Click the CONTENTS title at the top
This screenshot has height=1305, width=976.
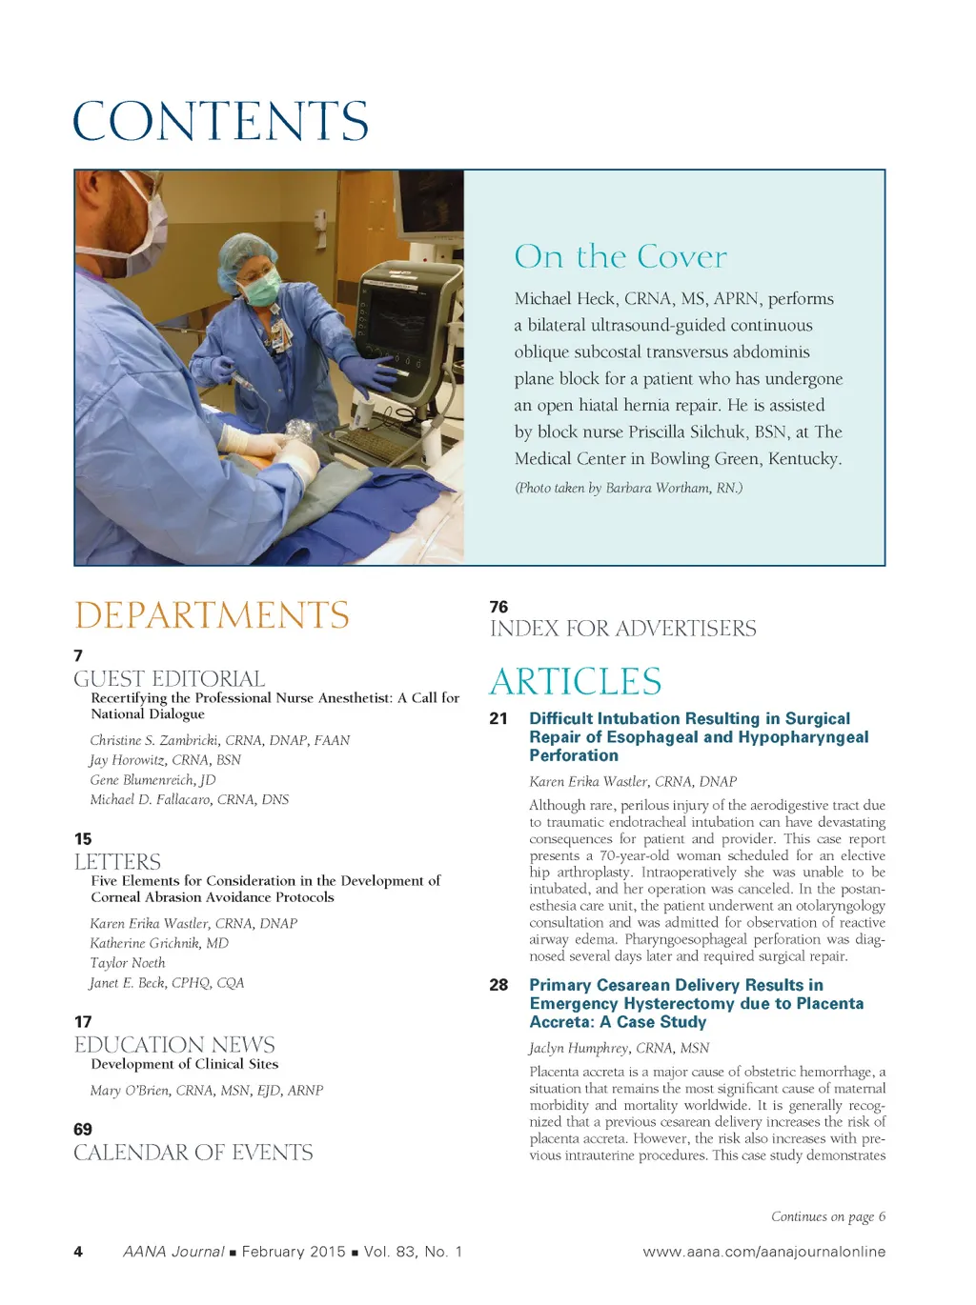pos(220,121)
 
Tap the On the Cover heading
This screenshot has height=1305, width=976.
pos(620,256)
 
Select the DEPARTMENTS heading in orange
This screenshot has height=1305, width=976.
pos(212,615)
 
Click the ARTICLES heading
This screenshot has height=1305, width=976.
pos(575,682)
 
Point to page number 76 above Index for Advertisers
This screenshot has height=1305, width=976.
pos(498,607)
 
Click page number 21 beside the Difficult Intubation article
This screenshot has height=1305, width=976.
pos(498,718)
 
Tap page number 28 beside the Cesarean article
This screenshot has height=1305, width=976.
pos(498,985)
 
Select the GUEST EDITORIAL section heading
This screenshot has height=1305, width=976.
pos(170,678)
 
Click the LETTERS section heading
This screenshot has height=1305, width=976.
pos(117,861)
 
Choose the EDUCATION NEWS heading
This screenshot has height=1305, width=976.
pos(174,1044)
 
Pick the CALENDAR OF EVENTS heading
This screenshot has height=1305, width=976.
pos(193,1153)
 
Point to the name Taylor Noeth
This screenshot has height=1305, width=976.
pos(127,963)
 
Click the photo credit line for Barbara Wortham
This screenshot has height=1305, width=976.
pos(628,488)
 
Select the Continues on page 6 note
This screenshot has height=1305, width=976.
pos(827,1216)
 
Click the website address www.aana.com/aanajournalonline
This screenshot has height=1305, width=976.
pos(763,1252)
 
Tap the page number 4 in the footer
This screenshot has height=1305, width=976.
pos(78,1252)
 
